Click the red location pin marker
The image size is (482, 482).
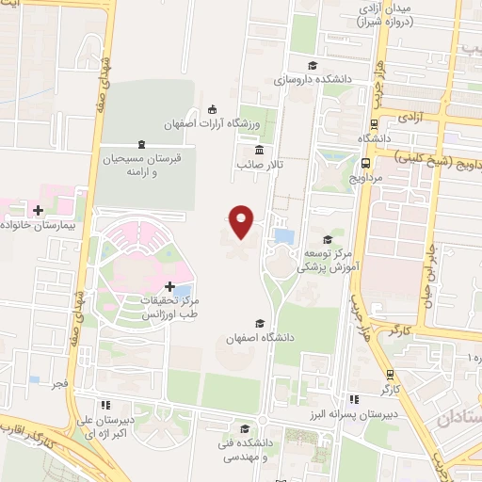click(x=242, y=220)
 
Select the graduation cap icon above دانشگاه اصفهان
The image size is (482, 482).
click(x=259, y=322)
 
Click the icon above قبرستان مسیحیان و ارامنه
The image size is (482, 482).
click(x=141, y=144)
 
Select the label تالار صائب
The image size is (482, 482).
click(x=260, y=166)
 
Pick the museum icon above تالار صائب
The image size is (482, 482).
click(x=259, y=151)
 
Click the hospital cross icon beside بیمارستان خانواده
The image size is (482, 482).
click(x=39, y=211)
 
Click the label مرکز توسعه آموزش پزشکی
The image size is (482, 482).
click(x=327, y=260)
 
